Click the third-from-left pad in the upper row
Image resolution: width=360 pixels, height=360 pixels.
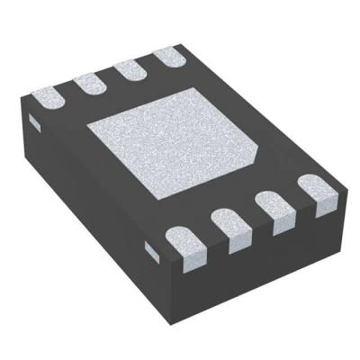coord(131,70)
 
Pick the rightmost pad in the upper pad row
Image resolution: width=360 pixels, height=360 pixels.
coord(170,58)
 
